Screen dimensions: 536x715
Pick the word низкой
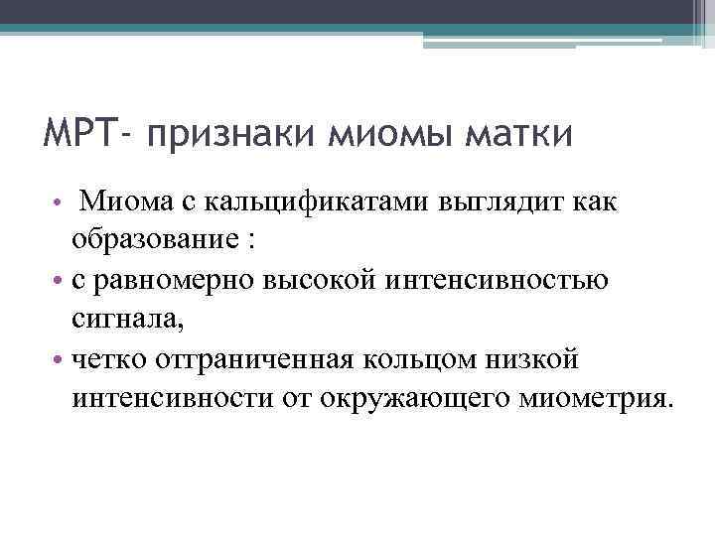tap(526, 360)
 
